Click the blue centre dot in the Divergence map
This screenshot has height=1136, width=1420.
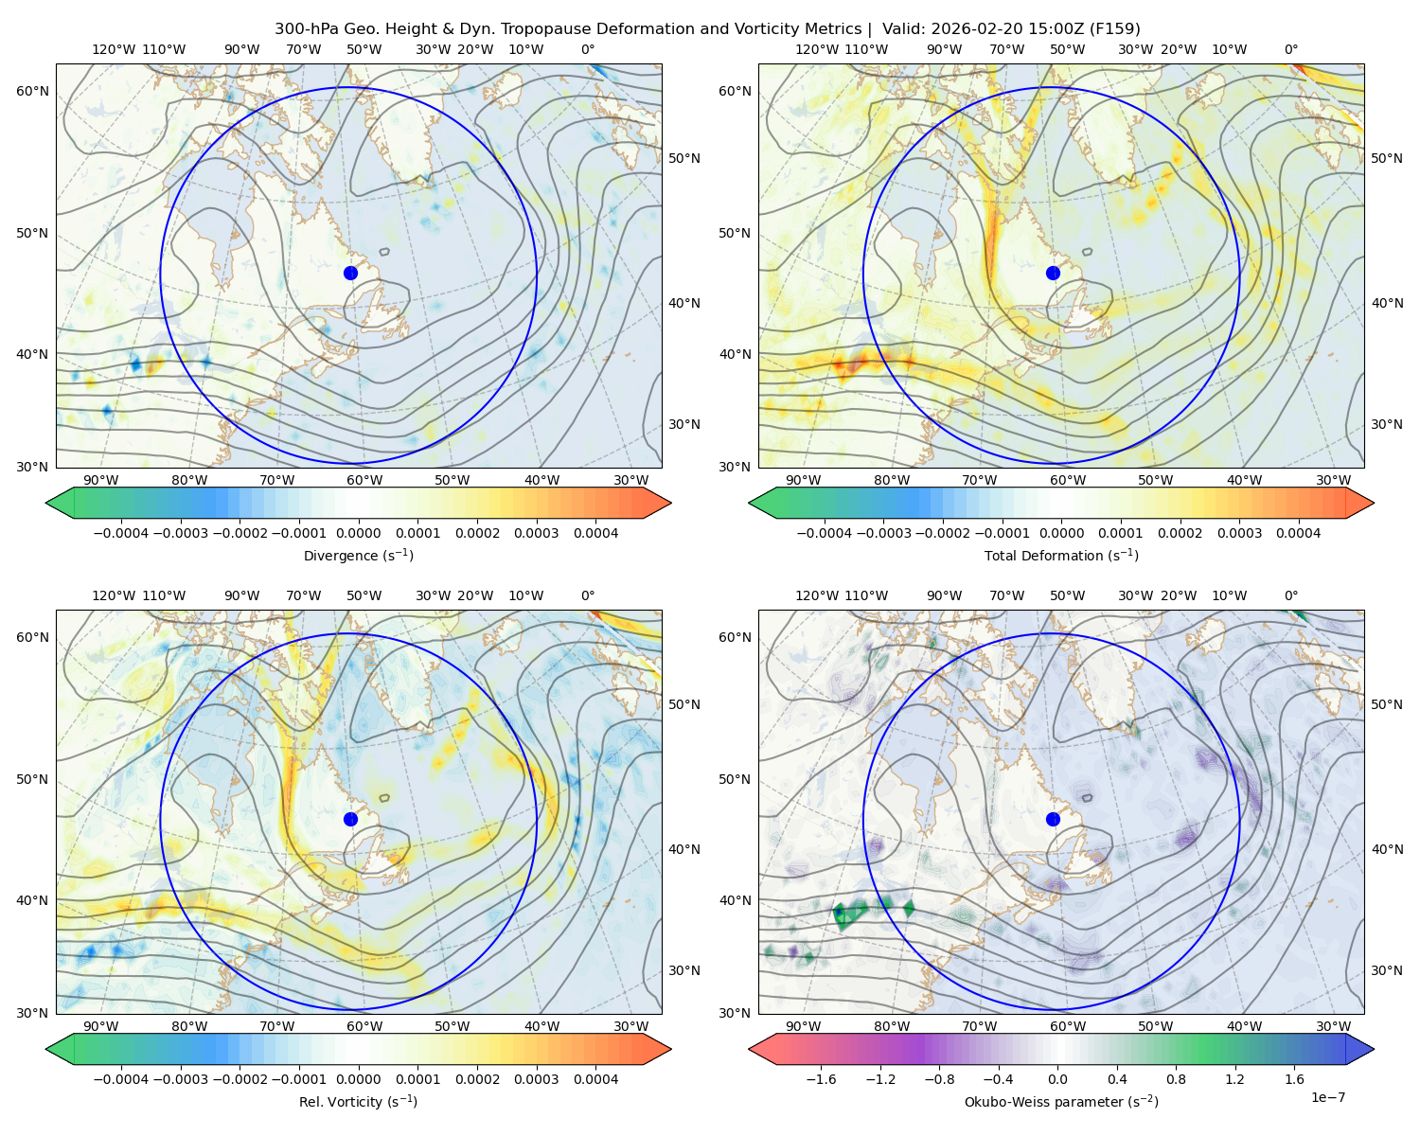click(350, 273)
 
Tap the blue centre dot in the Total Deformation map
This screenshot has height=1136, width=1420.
click(1053, 273)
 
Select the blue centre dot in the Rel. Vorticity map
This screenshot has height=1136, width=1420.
click(350, 819)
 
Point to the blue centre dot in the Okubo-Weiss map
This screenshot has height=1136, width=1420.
click(1053, 819)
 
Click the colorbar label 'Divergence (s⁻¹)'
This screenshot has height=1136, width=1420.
click(358, 555)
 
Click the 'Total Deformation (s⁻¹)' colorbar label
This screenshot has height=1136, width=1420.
click(1061, 555)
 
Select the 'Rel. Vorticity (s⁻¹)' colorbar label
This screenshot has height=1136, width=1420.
click(358, 1101)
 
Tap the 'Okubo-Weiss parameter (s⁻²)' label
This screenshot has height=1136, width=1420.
click(1061, 1101)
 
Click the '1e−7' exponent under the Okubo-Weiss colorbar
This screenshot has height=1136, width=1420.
click(1327, 1097)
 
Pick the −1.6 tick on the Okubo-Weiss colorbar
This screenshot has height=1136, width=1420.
click(821, 1078)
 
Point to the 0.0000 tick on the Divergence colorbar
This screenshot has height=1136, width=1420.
click(358, 533)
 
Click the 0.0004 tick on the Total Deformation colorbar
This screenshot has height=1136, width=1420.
click(1298, 533)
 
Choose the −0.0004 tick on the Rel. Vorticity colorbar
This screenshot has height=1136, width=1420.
click(121, 1078)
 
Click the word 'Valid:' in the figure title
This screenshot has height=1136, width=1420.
click(904, 28)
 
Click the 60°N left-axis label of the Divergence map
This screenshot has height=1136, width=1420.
click(32, 91)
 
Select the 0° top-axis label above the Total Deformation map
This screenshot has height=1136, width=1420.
click(1290, 49)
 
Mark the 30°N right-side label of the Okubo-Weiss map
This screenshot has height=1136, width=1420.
click(1387, 969)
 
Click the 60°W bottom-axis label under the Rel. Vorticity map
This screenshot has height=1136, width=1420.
click(364, 1025)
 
